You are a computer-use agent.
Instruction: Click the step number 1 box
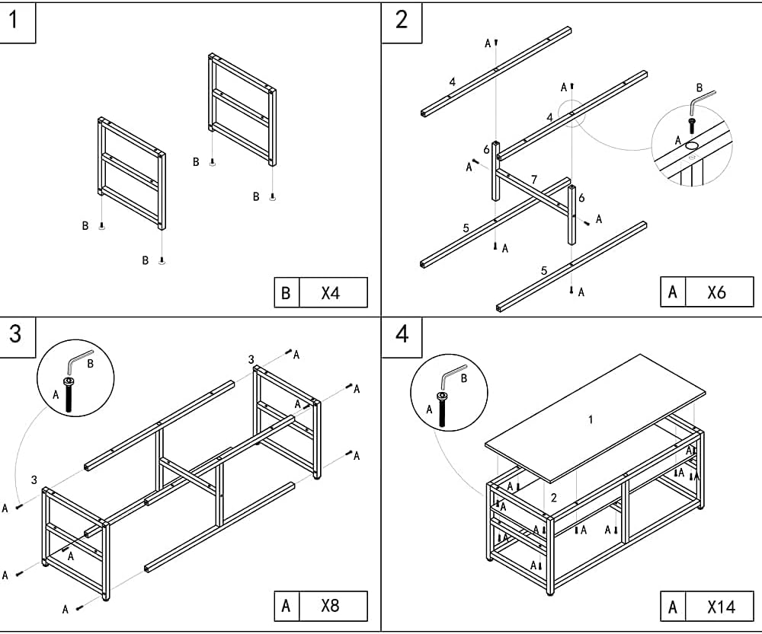tap(18, 21)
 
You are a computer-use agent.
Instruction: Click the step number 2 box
tap(402, 20)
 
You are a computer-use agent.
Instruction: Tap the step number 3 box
tap(17, 334)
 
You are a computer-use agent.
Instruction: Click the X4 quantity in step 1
tap(331, 293)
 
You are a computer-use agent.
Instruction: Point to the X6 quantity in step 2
tap(717, 292)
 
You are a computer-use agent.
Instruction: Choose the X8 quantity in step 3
tap(331, 607)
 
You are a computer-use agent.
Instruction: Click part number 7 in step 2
tap(534, 180)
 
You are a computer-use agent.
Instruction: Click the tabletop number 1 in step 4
tap(590, 419)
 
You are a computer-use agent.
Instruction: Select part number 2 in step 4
tap(553, 498)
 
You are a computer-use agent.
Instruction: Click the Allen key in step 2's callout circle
tap(701, 101)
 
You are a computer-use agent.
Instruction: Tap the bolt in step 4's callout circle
tap(441, 408)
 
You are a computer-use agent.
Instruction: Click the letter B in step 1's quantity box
tap(286, 293)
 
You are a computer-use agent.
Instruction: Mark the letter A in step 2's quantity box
tap(672, 292)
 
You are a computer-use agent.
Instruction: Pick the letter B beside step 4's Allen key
tap(464, 378)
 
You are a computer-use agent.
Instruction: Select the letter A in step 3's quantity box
tap(286, 607)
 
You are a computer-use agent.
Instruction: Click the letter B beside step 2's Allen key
tap(699, 88)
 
